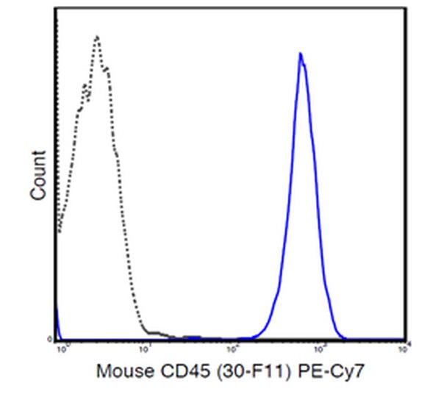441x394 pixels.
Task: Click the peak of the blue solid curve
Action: (x=300, y=54)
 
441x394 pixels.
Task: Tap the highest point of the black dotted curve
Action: (x=97, y=36)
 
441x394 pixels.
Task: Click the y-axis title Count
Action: (x=37, y=175)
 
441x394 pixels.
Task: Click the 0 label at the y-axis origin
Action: (x=51, y=339)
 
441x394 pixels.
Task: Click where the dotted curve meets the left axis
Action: (x=58, y=234)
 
